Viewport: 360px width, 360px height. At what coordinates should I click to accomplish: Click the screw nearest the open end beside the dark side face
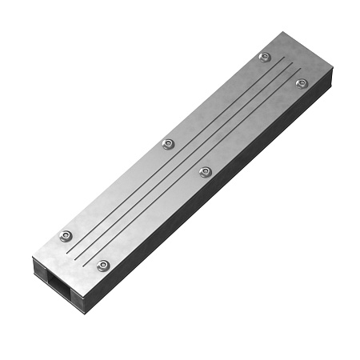click(102, 266)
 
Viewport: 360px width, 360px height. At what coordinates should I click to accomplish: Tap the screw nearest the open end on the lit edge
click(66, 236)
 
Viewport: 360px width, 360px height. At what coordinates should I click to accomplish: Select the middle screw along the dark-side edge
click(205, 171)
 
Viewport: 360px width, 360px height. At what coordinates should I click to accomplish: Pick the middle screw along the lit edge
click(167, 144)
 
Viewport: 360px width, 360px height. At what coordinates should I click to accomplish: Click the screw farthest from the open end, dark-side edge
click(302, 83)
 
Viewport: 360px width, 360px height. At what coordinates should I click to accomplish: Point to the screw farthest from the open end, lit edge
click(265, 58)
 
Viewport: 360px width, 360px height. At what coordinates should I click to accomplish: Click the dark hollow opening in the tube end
click(55, 281)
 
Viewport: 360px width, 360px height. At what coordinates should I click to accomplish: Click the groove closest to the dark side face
click(196, 165)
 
